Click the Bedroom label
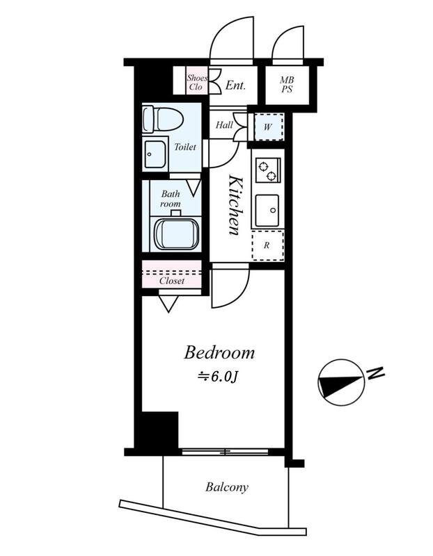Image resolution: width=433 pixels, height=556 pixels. [x=219, y=353]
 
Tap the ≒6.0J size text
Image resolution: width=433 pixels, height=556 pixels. [x=217, y=377]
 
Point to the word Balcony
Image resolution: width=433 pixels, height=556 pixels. [x=227, y=487]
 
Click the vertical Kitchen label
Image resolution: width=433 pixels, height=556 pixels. [x=235, y=205]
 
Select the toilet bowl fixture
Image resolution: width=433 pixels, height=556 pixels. [x=163, y=119]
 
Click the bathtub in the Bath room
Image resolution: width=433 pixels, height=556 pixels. [x=176, y=234]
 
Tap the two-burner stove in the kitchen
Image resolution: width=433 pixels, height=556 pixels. [x=267, y=170]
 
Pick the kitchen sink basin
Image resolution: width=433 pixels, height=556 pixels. [x=267, y=211]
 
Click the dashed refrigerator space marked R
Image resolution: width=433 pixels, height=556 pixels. [x=268, y=245]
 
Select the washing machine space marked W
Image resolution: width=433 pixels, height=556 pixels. [x=268, y=126]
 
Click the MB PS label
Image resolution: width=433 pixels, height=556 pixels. [x=287, y=85]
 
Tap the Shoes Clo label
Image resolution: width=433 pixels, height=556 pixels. [x=196, y=82]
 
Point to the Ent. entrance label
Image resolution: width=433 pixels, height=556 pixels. [x=235, y=85]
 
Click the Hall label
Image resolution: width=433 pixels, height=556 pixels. [x=224, y=125]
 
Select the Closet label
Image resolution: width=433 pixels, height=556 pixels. [x=172, y=281]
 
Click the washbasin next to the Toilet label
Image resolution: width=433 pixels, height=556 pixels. [x=155, y=154]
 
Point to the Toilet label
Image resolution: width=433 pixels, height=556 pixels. [x=184, y=147]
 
